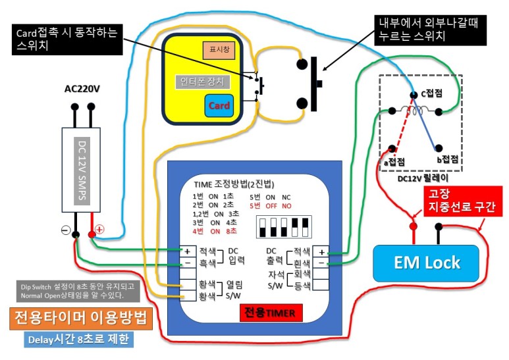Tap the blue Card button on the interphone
click(219, 105)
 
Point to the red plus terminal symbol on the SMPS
click(100, 230)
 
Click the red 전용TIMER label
click(271, 312)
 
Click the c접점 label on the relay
click(432, 95)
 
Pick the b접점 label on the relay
click(448, 160)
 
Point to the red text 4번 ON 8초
click(213, 231)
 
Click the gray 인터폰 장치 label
click(202, 82)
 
